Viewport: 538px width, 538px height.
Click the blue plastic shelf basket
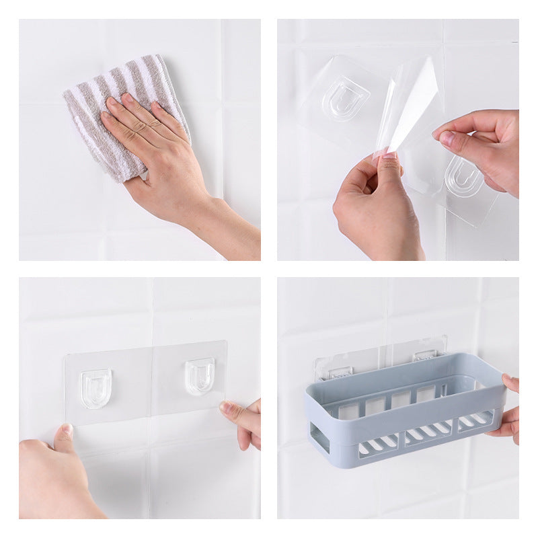tap(403, 410)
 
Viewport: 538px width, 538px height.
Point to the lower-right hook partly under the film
tap(463, 176)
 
